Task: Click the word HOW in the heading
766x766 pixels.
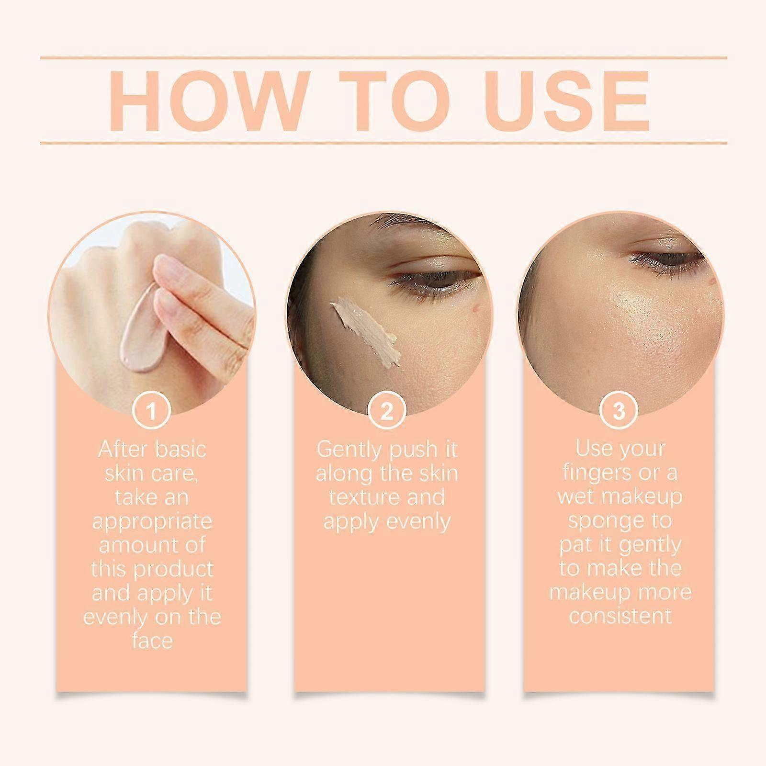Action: coord(203,101)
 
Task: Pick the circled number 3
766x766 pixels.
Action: coord(619,411)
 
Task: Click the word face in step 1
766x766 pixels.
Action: coord(152,641)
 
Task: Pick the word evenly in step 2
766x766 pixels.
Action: coord(418,522)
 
